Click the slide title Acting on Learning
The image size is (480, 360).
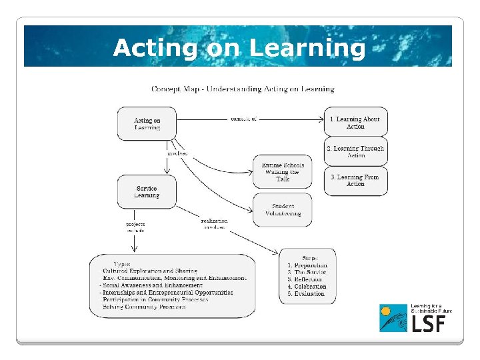[x=239, y=48]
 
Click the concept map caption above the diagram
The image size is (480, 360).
[x=243, y=89]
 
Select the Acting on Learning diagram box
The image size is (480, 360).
[x=147, y=123]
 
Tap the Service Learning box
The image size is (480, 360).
[x=147, y=192]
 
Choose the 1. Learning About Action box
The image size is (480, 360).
[x=355, y=123]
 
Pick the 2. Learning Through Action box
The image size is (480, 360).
[x=355, y=152]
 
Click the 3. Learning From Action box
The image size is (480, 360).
[x=355, y=181]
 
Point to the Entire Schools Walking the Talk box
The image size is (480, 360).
[x=283, y=171]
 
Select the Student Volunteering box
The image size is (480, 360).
[x=283, y=210]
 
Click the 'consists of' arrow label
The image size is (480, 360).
[x=243, y=119]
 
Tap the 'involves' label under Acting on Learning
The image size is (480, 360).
[x=177, y=153]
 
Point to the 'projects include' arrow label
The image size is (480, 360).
[x=135, y=227]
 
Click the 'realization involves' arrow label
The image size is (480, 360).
[x=214, y=224]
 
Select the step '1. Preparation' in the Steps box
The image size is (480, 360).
[x=307, y=265]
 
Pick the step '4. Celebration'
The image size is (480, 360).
[x=307, y=287]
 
